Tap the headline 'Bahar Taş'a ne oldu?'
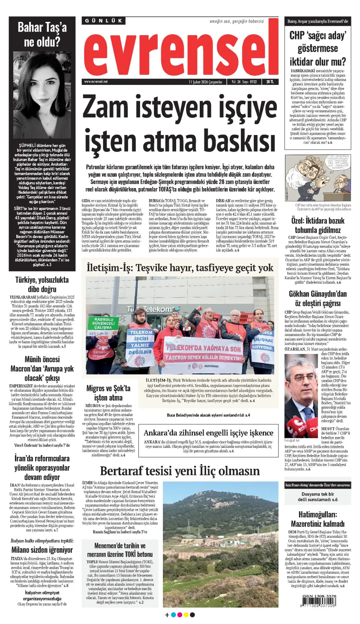(x=42, y=34)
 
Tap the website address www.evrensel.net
(x=96, y=81)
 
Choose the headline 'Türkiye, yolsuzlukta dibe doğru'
(x=42, y=285)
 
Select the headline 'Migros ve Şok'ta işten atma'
(x=108, y=393)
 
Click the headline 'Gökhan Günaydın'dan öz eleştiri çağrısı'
(x=318, y=298)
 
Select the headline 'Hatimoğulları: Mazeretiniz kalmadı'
(x=318, y=519)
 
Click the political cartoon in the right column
(x=318, y=180)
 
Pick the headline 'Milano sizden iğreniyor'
(x=42, y=550)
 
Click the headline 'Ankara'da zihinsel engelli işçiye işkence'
(x=208, y=432)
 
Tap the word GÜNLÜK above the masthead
(x=100, y=21)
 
